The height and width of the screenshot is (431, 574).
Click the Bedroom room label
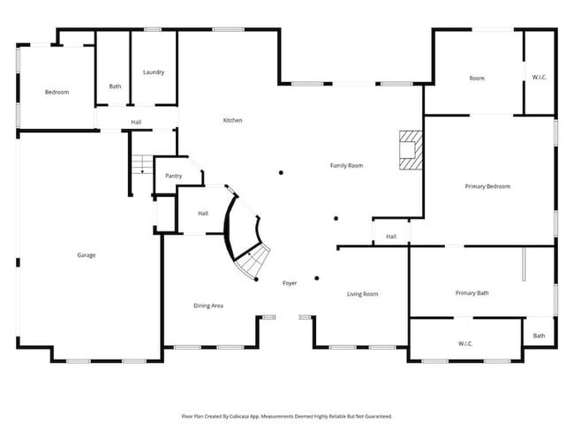(57, 92)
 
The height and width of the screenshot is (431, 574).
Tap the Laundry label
(154, 72)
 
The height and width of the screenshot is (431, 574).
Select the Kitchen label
(232, 120)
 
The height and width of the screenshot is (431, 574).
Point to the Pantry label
(173, 176)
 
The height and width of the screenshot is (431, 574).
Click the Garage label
(86, 255)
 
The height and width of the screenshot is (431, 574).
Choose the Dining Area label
(208, 306)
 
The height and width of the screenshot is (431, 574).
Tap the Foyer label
(289, 284)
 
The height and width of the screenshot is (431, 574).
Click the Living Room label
(362, 294)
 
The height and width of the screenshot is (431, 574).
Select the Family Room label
(346, 165)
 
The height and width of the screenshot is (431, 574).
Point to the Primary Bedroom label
(487, 186)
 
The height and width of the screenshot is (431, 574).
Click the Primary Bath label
(472, 293)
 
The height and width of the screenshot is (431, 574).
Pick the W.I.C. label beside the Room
(539, 78)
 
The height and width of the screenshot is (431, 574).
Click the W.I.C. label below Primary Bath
(465, 343)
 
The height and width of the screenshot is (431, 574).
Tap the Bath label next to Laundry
(115, 87)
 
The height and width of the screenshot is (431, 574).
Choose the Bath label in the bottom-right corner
(539, 336)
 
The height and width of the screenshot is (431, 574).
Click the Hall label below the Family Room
(390, 237)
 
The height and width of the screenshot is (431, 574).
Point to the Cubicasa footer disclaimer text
(286, 415)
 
